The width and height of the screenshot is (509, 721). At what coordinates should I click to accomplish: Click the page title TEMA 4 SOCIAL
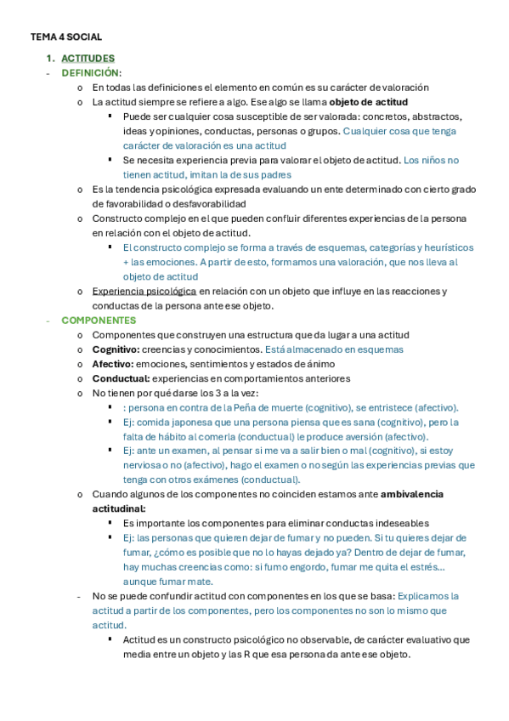pos(66,37)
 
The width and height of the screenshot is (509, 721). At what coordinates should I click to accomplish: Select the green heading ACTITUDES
pos(88,59)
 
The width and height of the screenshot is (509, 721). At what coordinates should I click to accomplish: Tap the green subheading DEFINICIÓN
pos(90,73)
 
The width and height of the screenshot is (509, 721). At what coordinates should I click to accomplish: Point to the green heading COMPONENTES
pos(99,321)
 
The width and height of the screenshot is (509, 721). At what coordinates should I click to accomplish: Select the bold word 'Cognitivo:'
pos(115,349)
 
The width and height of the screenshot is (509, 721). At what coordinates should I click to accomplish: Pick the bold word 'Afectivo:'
pos(112,364)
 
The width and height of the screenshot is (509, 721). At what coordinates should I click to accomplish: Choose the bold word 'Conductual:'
pos(120,378)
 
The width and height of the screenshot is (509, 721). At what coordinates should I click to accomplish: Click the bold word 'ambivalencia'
pos(412,494)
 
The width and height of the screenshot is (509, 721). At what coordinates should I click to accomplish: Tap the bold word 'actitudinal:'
pos(118,508)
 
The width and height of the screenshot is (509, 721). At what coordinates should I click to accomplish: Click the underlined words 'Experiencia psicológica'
pos(144,292)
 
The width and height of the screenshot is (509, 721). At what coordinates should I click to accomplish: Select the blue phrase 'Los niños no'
pos(431,160)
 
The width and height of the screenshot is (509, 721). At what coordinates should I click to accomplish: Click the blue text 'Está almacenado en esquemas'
pos(334,349)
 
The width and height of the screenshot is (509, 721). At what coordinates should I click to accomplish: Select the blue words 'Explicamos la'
pos(427,596)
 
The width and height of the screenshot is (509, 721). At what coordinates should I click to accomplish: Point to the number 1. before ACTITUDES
pos(50,59)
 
